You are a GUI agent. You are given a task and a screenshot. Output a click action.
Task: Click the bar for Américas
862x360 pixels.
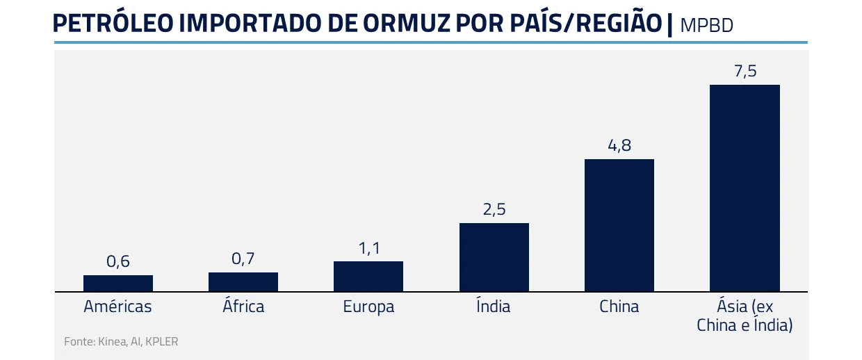tap(118, 283)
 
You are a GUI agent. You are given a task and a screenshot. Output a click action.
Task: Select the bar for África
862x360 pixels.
tap(243, 281)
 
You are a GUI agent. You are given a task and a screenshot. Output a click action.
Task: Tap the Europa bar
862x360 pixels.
tap(368, 276)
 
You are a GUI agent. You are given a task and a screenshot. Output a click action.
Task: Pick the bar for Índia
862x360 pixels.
tap(494, 257)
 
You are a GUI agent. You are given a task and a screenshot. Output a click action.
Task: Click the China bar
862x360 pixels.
tap(619, 225)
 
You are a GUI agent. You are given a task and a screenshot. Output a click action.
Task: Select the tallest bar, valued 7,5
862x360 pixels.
tap(745, 188)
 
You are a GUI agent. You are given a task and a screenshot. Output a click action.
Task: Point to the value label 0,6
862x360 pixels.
tap(118, 262)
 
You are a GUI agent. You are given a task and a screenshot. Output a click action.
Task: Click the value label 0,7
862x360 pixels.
tap(243, 259)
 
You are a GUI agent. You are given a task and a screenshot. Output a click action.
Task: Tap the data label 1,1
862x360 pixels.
tap(368, 248)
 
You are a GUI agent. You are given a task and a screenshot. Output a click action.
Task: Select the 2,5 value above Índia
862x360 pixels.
tap(494, 210)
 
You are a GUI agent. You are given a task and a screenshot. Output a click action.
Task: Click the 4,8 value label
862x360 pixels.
tap(619, 146)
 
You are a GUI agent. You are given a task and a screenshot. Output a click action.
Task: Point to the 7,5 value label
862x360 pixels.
tap(745, 71)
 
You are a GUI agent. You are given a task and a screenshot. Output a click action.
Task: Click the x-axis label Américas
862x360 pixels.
tap(118, 306)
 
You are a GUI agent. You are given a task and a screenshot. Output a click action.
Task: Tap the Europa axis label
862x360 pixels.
tap(368, 306)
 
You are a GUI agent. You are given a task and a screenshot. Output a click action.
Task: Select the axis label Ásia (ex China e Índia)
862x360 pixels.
tap(745, 315)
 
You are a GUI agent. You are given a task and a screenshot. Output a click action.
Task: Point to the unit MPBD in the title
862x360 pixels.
tap(707, 26)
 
